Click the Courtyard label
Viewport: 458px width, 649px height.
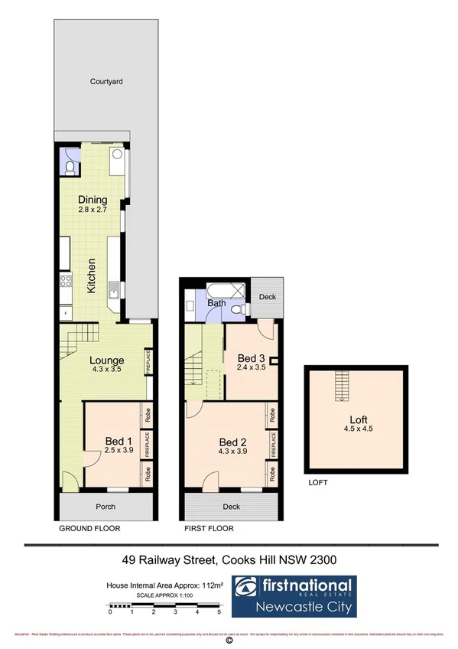coord(106,80)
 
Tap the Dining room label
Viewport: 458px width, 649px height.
coord(93,201)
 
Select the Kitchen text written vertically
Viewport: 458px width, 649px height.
coord(92,276)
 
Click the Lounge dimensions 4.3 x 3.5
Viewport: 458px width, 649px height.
coord(107,370)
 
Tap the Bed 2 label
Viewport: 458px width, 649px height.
coord(232,442)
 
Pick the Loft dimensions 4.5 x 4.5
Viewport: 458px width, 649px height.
coord(355,429)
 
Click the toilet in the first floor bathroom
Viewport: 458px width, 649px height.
coord(239,307)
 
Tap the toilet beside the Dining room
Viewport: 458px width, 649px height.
coord(70,166)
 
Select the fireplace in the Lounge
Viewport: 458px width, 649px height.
coord(148,361)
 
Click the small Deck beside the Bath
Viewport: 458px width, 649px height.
coord(267,296)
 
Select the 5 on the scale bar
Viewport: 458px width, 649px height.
coord(219,612)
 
